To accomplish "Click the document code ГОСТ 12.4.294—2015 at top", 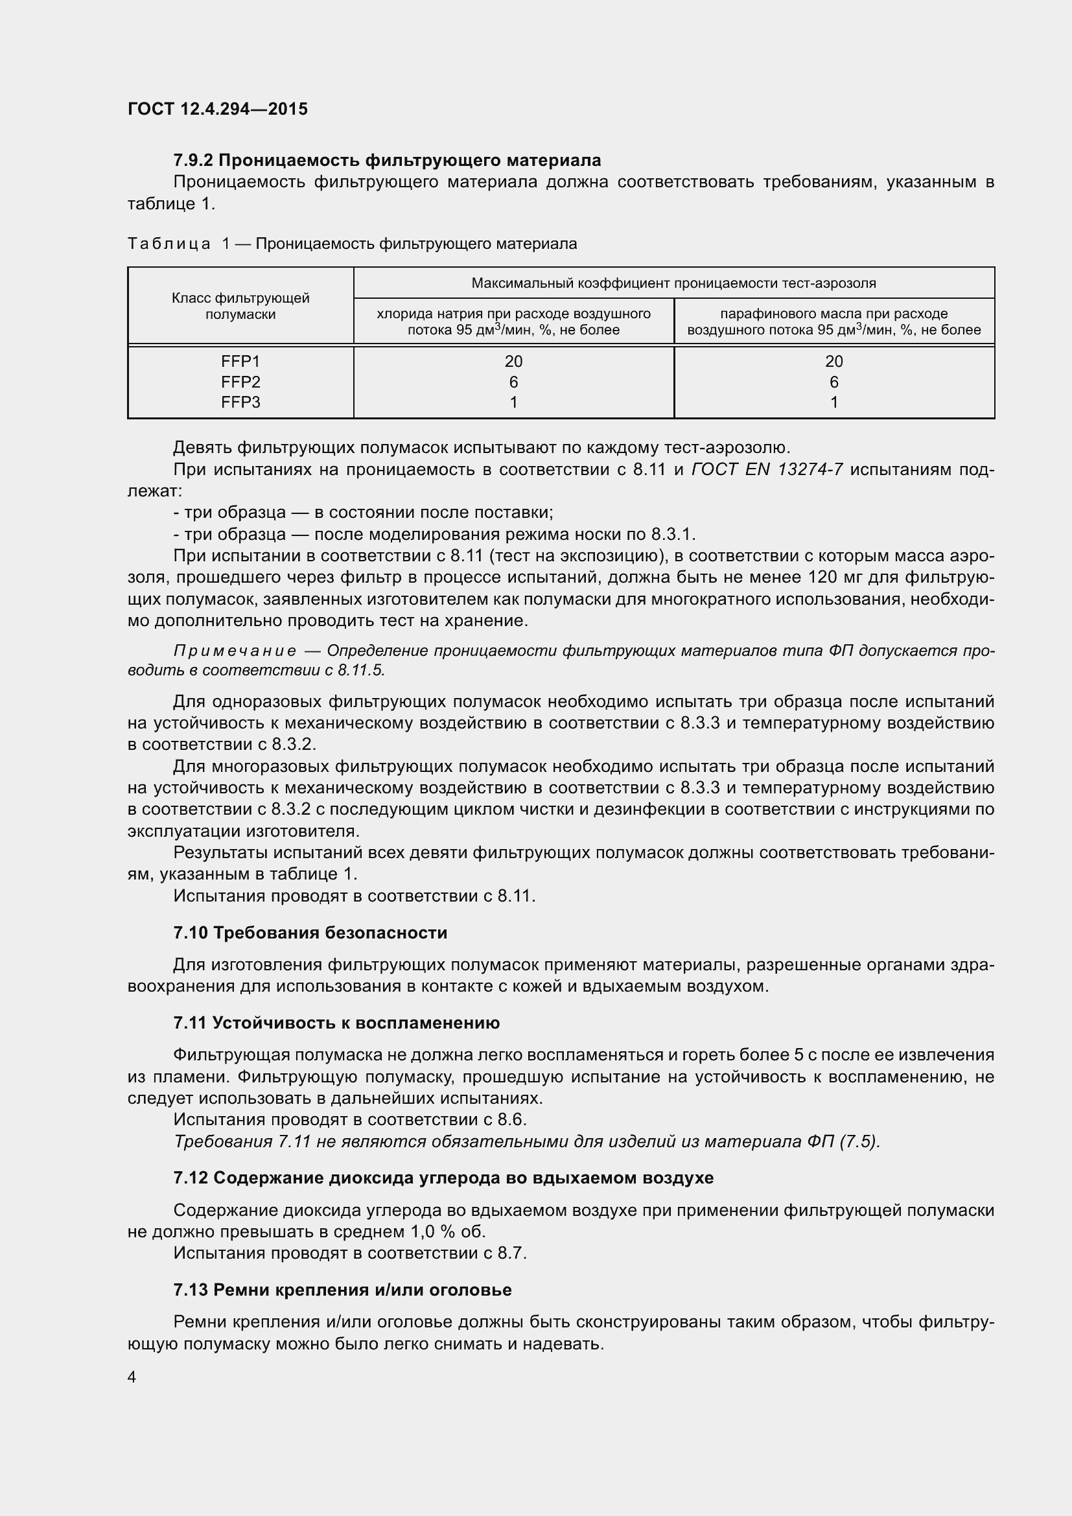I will pyautogui.click(x=218, y=109).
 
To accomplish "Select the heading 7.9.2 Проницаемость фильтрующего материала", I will pyautogui.click(x=387, y=160).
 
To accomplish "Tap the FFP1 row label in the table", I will pyautogui.click(x=240, y=361).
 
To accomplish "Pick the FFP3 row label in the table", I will pyautogui.click(x=240, y=402).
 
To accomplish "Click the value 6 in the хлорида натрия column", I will pyautogui.click(x=513, y=382).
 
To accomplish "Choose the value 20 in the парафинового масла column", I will pyautogui.click(x=833, y=361).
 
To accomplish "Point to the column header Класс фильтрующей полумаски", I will pyautogui.click(x=240, y=306).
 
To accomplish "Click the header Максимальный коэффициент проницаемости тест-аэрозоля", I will pyautogui.click(x=673, y=283).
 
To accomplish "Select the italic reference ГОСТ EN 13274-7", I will pyautogui.click(x=766, y=469).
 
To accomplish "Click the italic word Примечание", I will pyautogui.click(x=235, y=651).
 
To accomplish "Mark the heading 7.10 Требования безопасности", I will pyautogui.click(x=310, y=932).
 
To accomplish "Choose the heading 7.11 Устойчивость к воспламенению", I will pyautogui.click(x=336, y=1023).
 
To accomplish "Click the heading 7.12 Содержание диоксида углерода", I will pyautogui.click(x=443, y=1177).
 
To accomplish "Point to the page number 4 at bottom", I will pyautogui.click(x=132, y=1377).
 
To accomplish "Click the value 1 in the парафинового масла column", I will pyautogui.click(x=833, y=402).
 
